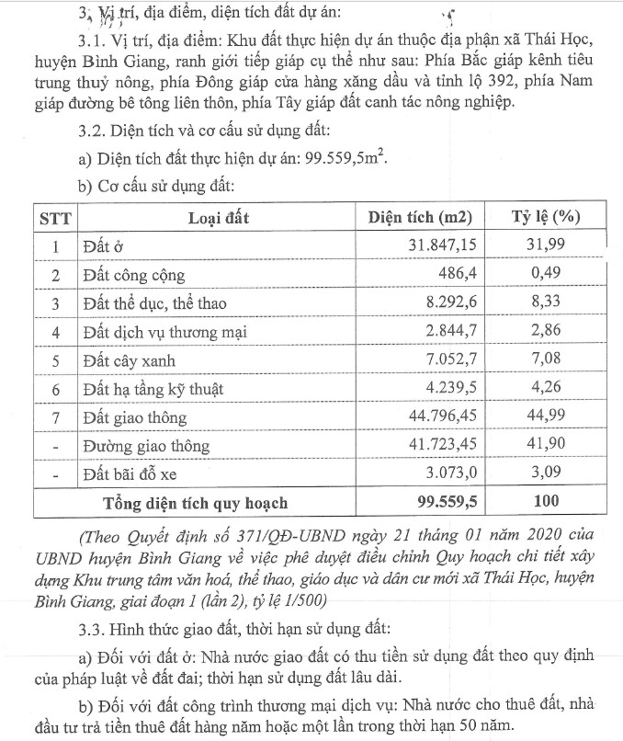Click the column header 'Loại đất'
[x=218, y=219]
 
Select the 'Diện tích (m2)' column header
[x=419, y=219]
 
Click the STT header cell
[x=56, y=219]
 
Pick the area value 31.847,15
[x=440, y=246]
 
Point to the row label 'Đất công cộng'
[x=134, y=275]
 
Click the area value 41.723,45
[x=440, y=446]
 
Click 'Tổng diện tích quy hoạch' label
[x=195, y=503]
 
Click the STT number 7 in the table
[x=56, y=417]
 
